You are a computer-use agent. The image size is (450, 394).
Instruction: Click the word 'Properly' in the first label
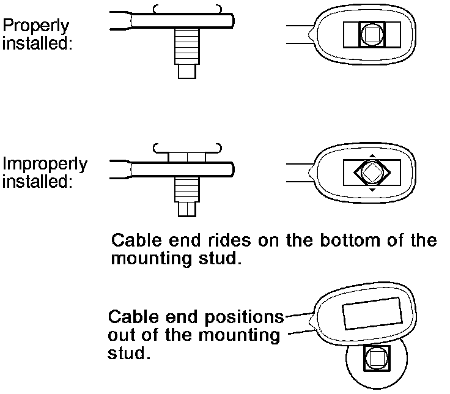36,26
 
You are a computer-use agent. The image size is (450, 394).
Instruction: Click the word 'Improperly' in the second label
44,165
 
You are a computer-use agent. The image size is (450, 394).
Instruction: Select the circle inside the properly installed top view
371,35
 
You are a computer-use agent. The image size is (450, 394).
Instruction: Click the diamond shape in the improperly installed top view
371,173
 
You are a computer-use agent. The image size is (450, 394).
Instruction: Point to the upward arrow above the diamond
371,155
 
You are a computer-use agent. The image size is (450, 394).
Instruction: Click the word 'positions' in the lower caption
246,318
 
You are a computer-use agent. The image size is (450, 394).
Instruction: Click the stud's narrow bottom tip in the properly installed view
186,71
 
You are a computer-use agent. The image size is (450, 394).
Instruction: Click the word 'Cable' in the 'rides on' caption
135,240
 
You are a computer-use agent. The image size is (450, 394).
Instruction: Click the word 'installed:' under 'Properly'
36,43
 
